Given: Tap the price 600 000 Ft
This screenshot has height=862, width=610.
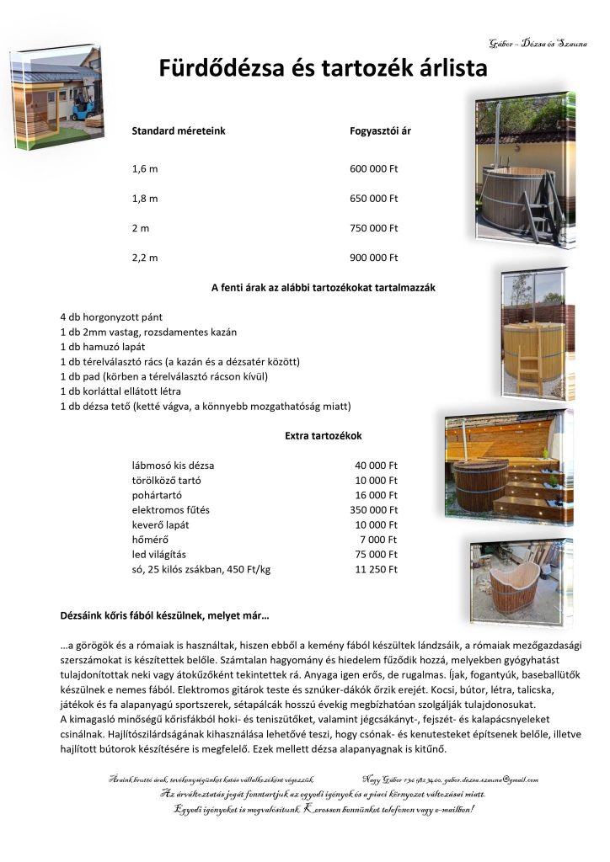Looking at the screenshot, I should click(373, 169).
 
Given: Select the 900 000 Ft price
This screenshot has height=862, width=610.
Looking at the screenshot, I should click(373, 258).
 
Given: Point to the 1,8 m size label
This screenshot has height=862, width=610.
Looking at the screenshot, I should click(145, 199).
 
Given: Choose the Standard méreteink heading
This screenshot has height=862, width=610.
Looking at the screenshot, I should click(179, 131).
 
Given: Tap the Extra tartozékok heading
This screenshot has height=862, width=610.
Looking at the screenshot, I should click(324, 435).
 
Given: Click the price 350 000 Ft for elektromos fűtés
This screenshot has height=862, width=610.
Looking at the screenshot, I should click(373, 509).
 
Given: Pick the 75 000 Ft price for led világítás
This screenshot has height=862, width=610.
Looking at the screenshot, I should click(376, 555).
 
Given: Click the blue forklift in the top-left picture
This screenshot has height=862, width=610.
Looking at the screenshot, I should click(81, 106).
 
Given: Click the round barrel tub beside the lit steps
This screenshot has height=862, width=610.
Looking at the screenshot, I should click(481, 484).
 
